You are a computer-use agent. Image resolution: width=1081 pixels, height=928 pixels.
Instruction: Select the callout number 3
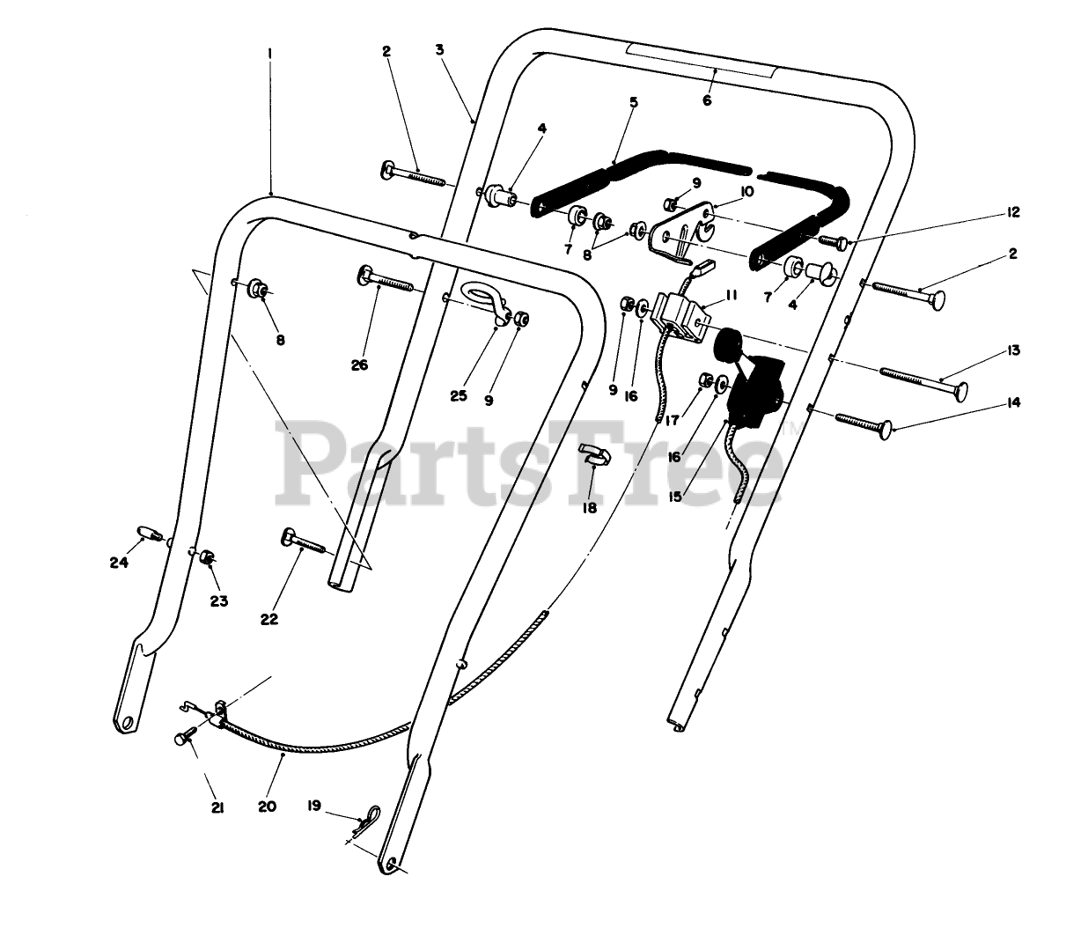tap(439, 49)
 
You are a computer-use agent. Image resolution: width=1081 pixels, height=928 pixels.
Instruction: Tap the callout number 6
tap(707, 100)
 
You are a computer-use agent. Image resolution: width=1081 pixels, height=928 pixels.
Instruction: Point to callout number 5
tap(634, 102)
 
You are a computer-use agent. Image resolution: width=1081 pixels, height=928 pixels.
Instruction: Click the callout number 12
tap(1012, 212)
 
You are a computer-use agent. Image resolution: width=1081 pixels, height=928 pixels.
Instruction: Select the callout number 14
tap(1013, 402)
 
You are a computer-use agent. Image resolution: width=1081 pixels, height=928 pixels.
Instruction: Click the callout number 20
tap(268, 806)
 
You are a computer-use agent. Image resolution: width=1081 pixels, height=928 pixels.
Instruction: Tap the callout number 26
tap(359, 365)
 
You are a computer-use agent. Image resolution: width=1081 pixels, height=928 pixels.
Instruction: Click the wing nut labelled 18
tap(592, 456)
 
